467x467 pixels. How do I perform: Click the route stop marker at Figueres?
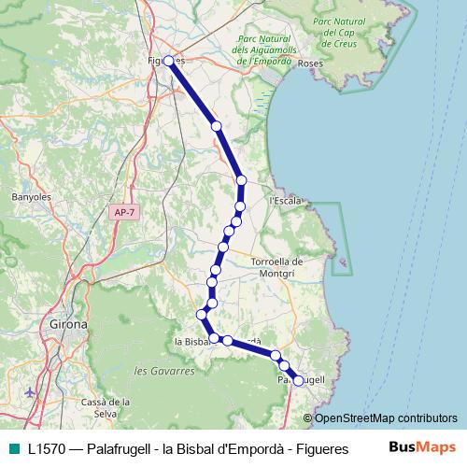[169, 61]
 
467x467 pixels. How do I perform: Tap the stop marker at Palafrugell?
[298, 380]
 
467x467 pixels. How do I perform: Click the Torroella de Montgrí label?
[278, 268]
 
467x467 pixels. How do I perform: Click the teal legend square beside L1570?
[13, 447]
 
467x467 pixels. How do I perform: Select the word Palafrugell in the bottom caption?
[116, 447]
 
